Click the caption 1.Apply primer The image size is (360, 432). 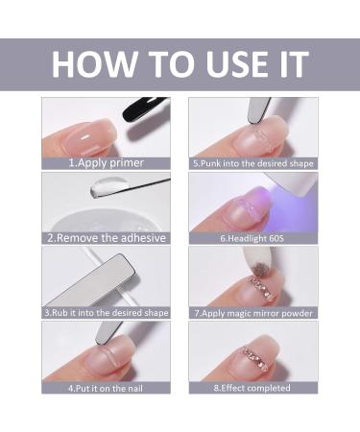pyautogui.click(x=107, y=163)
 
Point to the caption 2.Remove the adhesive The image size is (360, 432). pyautogui.click(x=107, y=237)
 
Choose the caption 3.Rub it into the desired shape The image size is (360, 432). pyautogui.click(x=107, y=312)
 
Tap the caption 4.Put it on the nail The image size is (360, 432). pyautogui.click(x=107, y=387)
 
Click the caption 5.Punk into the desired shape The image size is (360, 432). pyautogui.click(x=252, y=163)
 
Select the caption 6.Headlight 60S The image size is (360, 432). pyautogui.click(x=252, y=237)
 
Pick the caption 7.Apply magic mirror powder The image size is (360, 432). pyautogui.click(x=252, y=312)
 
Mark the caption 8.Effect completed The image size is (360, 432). pyautogui.click(x=252, y=387)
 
